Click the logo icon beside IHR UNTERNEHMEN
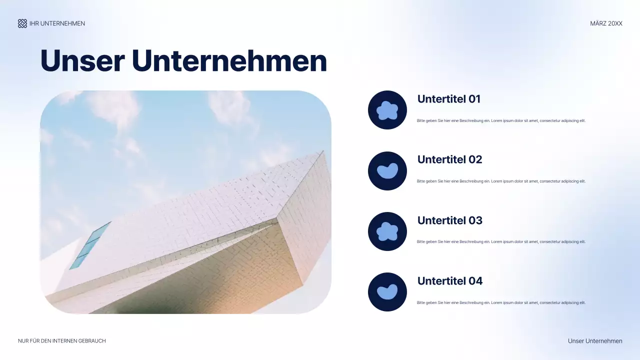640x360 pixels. (x=22, y=23)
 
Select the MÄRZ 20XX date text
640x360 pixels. (x=606, y=23)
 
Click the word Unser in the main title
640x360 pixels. (x=82, y=61)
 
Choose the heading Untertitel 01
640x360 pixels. (x=448, y=99)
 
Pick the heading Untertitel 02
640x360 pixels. (x=449, y=159)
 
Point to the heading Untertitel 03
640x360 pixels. (x=449, y=220)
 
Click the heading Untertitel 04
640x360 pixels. (x=449, y=281)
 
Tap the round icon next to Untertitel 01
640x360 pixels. (x=387, y=110)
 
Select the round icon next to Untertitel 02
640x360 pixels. (x=387, y=171)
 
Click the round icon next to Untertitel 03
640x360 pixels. (x=387, y=231)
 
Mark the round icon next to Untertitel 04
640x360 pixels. (x=387, y=292)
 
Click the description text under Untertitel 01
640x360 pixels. (x=500, y=121)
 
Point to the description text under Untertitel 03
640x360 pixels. (x=500, y=242)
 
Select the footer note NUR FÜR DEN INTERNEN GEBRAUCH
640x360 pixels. (x=62, y=341)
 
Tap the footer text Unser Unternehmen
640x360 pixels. (x=595, y=341)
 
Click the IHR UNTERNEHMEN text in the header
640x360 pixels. (x=57, y=23)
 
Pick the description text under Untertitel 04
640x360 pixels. (x=500, y=303)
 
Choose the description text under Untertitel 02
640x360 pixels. (x=500, y=181)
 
